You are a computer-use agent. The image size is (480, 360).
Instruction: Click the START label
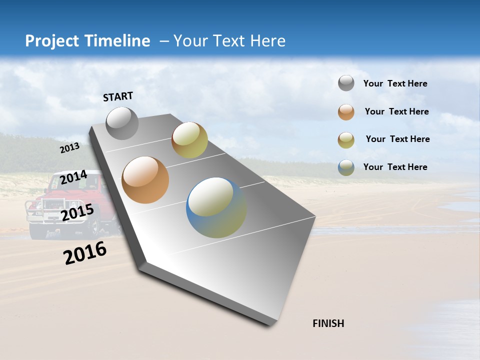pyautogui.click(x=118, y=96)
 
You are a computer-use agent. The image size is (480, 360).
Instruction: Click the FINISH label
pyautogui.click(x=328, y=323)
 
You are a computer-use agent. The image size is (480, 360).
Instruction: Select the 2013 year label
pyautogui.click(x=69, y=148)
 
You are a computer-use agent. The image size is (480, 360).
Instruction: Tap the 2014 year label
pyautogui.click(x=73, y=177)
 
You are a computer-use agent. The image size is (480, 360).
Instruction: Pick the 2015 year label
pyautogui.click(x=77, y=212)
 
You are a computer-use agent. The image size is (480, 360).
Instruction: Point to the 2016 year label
pyautogui.click(x=85, y=253)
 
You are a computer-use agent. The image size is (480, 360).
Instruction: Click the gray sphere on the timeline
pyautogui.click(x=122, y=123)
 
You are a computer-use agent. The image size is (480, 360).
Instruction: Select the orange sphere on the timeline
pyautogui.click(x=145, y=180)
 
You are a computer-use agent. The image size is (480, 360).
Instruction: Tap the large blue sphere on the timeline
pyautogui.click(x=216, y=207)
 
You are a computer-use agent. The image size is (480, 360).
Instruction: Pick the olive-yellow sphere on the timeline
pyautogui.click(x=189, y=140)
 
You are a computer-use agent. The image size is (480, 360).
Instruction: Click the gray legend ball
pyautogui.click(x=346, y=83)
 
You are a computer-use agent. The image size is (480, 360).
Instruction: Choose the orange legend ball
pyautogui.click(x=346, y=112)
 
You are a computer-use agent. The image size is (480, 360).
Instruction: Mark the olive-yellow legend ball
pyautogui.click(x=346, y=140)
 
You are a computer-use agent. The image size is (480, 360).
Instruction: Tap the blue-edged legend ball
pyautogui.click(x=346, y=167)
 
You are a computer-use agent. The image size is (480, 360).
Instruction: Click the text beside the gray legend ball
pyautogui.click(x=395, y=84)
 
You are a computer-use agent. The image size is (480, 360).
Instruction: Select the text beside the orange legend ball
pyautogui.click(x=396, y=111)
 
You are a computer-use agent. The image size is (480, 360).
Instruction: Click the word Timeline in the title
pyautogui.click(x=118, y=41)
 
